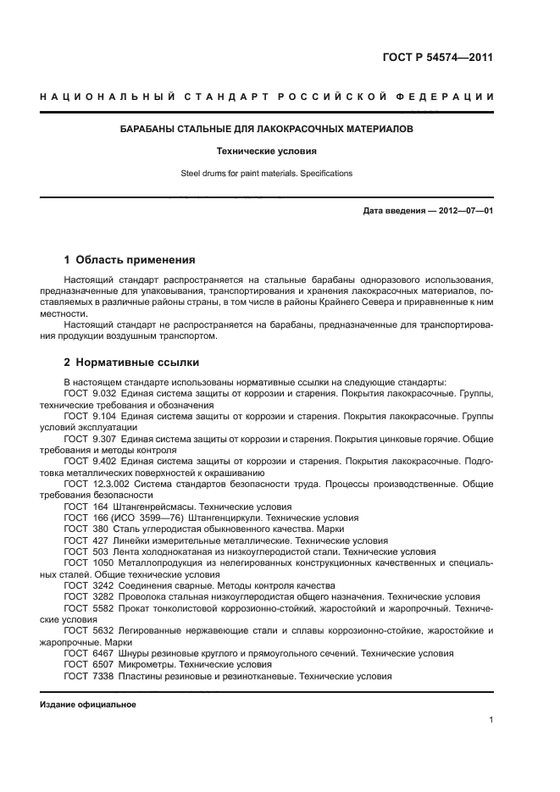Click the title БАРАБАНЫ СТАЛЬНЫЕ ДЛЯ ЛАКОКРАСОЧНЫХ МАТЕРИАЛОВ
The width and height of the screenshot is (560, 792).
[x=267, y=130]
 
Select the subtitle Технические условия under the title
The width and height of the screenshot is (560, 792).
[x=267, y=152]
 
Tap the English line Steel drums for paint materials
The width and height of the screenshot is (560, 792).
[x=267, y=174]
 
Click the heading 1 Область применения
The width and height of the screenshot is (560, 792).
[x=130, y=259]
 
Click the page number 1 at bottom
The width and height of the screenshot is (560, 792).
[x=491, y=720]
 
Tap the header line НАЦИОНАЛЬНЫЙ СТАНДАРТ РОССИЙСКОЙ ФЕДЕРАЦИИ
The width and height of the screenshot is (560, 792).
[x=267, y=97]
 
